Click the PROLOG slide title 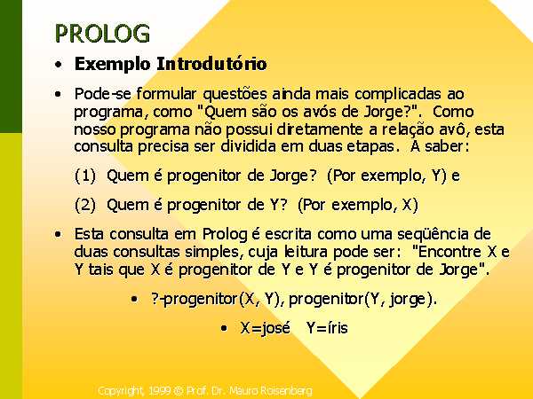[x=102, y=34]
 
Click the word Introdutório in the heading [x=211, y=64]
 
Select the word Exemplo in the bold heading [x=112, y=65]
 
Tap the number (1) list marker [x=85, y=176]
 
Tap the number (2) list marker [x=85, y=205]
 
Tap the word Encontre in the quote [x=449, y=252]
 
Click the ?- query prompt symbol [x=157, y=299]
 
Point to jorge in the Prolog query [x=408, y=300]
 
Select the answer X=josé [x=265, y=328]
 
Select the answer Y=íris [x=327, y=328]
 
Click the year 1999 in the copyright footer [x=160, y=391]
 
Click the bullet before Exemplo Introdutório [x=59, y=65]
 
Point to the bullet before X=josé [x=224, y=328]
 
